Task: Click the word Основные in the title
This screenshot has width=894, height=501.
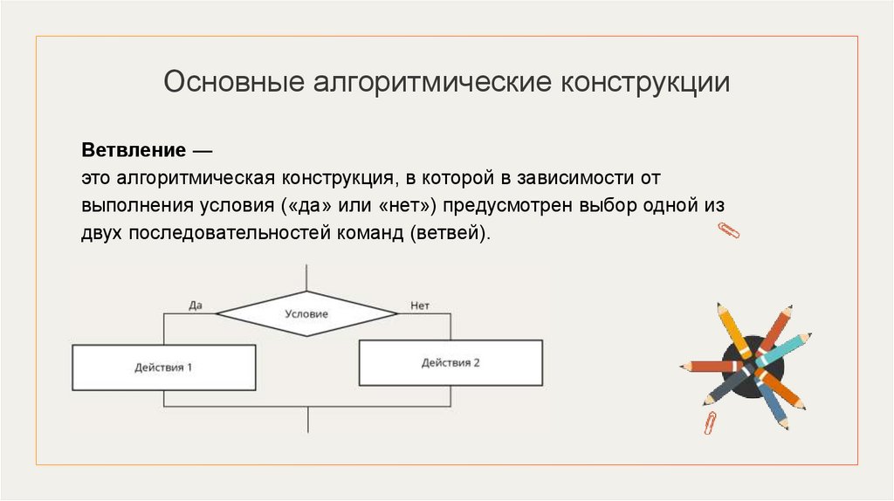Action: [x=228, y=84]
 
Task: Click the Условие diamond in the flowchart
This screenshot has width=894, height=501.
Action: [x=306, y=313]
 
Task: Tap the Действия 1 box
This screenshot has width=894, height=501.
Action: [x=163, y=367]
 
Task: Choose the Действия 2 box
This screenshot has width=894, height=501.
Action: [x=450, y=362]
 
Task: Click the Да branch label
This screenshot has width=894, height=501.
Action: [x=196, y=305]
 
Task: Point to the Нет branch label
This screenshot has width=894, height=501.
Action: [x=420, y=305]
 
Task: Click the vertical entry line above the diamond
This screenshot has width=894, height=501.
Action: [x=306, y=278]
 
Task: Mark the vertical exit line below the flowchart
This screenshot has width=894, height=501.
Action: [x=306, y=420]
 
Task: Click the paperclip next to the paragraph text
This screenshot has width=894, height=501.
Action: [x=728, y=231]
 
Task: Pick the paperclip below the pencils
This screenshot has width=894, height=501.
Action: [x=711, y=423]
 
